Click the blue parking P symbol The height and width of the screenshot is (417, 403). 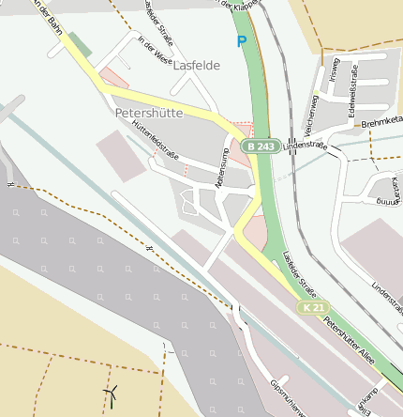pos(242,41)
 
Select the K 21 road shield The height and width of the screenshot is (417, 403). pos(313,308)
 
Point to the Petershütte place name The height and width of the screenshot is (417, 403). pos(148,112)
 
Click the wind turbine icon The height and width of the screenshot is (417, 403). pos(112,394)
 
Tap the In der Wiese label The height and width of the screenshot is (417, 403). pos(155,53)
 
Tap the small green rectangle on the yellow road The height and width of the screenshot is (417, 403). pos(81,43)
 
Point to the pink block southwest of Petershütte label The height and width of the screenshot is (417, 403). pos(123,155)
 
